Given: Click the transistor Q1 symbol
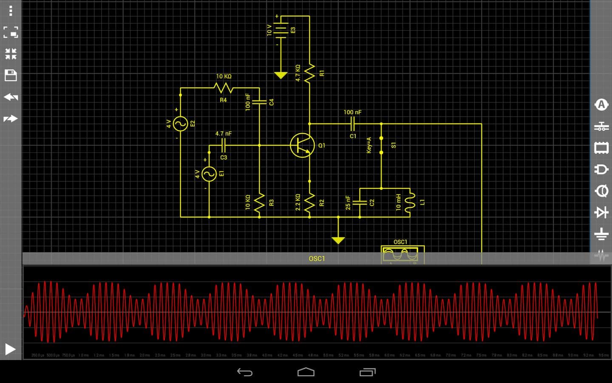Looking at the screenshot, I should [x=302, y=145].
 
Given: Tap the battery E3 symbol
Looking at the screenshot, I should [x=280, y=30].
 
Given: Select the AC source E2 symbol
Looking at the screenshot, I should [x=181, y=123].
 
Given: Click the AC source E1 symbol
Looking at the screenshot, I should [x=209, y=174].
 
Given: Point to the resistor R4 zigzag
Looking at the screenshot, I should [x=224, y=88].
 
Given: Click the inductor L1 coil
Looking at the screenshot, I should [x=410, y=203].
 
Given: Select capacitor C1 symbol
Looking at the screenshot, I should [x=352, y=124].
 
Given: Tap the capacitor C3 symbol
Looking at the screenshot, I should [x=224, y=146].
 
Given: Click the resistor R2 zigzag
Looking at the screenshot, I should [x=309, y=203].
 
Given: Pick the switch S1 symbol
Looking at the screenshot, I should [x=381, y=145].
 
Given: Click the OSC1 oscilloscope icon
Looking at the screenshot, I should [x=400, y=254].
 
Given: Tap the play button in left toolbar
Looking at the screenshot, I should [x=10, y=349].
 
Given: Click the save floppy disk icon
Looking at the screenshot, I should [x=11, y=76].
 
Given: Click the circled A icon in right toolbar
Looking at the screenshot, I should [x=601, y=105].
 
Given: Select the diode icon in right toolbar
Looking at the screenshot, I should [x=601, y=212].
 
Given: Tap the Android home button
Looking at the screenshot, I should [x=306, y=372].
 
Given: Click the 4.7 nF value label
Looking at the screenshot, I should [x=224, y=134].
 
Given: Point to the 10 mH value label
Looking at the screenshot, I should [x=398, y=202].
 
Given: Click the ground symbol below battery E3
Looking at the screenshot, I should [x=280, y=75].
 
